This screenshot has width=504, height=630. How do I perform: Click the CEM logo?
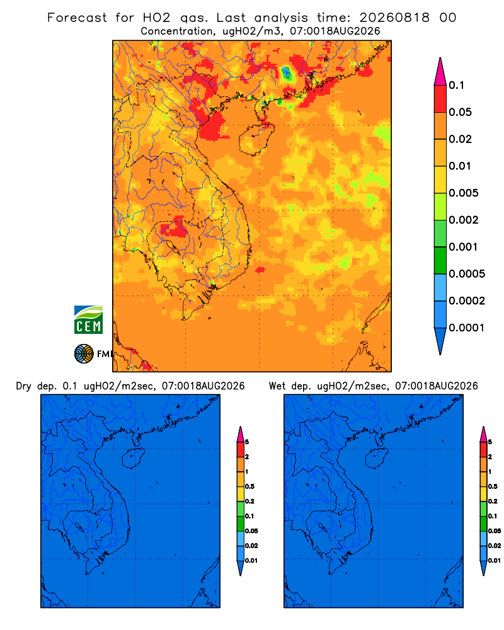(x=88, y=319)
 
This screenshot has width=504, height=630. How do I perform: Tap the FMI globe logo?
(x=84, y=354)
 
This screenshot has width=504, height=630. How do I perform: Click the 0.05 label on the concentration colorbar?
(x=460, y=112)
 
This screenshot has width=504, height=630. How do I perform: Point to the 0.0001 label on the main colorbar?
(x=466, y=328)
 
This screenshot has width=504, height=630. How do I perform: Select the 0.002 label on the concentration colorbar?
(x=463, y=220)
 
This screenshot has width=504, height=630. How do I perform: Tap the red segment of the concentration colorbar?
(x=440, y=99)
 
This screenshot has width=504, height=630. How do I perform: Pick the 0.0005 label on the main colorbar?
(x=466, y=274)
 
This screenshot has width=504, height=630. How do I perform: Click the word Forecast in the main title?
(x=77, y=18)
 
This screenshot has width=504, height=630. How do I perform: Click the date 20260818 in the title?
(x=394, y=18)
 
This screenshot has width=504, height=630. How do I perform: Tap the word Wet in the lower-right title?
(x=277, y=386)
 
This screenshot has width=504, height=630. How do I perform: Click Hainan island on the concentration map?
(x=256, y=139)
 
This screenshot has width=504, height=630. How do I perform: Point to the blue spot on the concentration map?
(x=286, y=72)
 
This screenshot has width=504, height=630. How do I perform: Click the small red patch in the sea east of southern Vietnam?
(x=260, y=270)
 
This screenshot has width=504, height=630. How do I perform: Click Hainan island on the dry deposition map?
(x=134, y=459)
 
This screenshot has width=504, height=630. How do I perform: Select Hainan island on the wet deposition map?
(x=377, y=459)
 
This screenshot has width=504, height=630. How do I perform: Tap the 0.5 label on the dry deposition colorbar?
(x=249, y=486)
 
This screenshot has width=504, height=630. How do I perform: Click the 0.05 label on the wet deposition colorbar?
(x=495, y=530)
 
